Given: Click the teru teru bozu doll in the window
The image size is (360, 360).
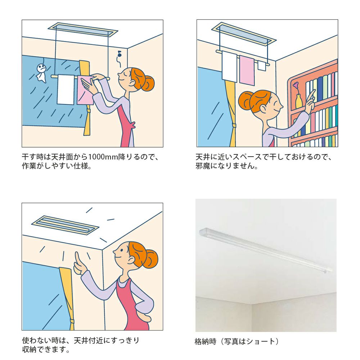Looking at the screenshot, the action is click(x=41, y=73).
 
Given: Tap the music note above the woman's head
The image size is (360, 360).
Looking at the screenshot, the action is click(x=119, y=54).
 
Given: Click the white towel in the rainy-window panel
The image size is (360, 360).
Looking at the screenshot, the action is click(x=66, y=90).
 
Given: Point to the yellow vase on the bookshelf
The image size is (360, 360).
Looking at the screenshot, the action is click(x=298, y=101).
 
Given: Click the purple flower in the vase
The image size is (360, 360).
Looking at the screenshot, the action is click(x=296, y=85).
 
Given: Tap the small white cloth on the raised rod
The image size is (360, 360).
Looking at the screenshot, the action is click(x=261, y=66).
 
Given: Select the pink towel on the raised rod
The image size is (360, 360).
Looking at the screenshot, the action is click(x=247, y=71).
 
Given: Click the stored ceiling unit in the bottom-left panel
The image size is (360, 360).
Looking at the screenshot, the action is click(x=65, y=225).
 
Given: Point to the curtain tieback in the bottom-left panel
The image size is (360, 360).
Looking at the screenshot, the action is click(x=72, y=321).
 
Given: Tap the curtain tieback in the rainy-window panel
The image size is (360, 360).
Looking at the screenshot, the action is click(x=89, y=111).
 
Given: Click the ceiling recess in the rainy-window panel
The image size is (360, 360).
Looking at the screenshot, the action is click(x=83, y=30).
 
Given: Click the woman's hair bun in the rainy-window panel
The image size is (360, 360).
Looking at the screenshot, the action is click(x=148, y=83).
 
